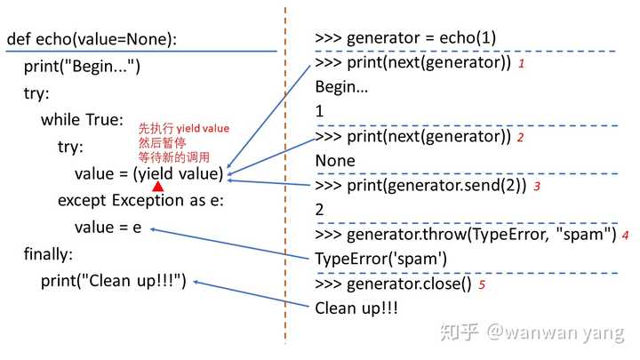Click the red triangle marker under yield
(x=157, y=187)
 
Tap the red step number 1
(x=521, y=65)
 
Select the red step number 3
(x=536, y=188)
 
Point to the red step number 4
(x=626, y=236)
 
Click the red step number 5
(x=482, y=285)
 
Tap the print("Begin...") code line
(x=82, y=67)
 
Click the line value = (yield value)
(x=149, y=173)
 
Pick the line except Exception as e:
(x=140, y=200)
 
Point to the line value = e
(x=108, y=227)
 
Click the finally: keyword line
(x=48, y=254)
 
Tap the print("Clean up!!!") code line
(x=113, y=281)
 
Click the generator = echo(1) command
(x=405, y=38)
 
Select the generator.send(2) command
(x=421, y=187)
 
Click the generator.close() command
(x=393, y=284)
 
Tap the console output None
(x=335, y=161)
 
